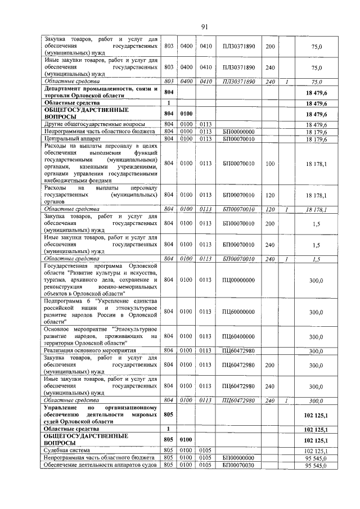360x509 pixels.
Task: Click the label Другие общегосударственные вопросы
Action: coord(94,124)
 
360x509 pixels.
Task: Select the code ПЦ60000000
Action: coord(239,312)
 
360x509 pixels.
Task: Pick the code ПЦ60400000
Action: coord(239,336)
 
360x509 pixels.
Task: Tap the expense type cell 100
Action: coord(270,164)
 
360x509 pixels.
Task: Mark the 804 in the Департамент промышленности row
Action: coord(168,92)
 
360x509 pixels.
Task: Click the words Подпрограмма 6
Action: coord(67,301)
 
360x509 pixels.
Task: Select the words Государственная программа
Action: coord(73,265)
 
